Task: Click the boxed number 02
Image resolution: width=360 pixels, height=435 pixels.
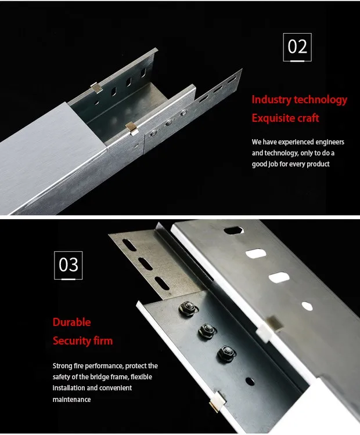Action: [297, 47]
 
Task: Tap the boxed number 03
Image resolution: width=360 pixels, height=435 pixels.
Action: [69, 265]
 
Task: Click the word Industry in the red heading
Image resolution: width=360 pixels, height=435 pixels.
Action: [272, 100]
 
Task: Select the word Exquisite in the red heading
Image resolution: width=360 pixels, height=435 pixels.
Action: [273, 118]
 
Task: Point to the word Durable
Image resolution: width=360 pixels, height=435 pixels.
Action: [71, 322]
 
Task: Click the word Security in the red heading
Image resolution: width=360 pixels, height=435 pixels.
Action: [71, 341]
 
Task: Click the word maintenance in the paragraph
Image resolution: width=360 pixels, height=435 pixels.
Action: [71, 400]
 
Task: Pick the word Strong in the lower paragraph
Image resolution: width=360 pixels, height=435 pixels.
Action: [63, 366]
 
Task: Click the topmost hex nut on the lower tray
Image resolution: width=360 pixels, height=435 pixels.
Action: [188, 308]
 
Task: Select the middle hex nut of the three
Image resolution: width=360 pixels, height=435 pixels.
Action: [207, 331]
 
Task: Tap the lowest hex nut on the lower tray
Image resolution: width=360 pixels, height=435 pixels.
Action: [226, 353]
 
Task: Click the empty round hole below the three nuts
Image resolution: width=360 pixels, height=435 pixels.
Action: [250, 382]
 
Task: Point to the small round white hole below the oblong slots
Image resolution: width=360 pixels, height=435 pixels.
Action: [307, 306]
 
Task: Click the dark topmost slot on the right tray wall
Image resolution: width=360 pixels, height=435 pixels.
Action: [233, 230]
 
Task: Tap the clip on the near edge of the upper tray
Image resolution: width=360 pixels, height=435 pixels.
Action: [132, 129]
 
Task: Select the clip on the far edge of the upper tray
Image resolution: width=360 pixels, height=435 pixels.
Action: [96, 88]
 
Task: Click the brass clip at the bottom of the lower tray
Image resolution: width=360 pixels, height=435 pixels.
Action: [217, 403]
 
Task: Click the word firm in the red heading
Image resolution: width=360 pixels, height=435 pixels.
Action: [103, 341]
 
